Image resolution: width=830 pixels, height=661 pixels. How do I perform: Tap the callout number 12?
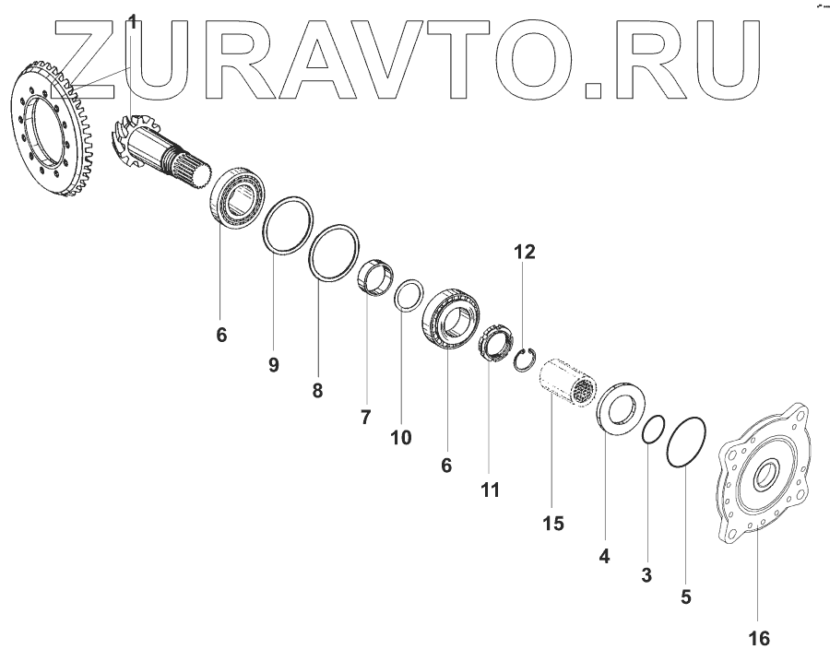(524, 252)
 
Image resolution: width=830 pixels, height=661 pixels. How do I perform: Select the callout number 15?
(552, 523)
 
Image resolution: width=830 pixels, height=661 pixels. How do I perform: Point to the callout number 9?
(273, 364)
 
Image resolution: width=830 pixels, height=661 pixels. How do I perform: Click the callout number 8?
(317, 390)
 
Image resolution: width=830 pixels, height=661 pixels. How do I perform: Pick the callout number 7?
(365, 417)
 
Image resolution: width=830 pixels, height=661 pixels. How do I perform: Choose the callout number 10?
(400, 436)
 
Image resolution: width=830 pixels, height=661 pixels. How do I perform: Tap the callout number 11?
(490, 490)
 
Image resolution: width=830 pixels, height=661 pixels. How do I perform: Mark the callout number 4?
(605, 555)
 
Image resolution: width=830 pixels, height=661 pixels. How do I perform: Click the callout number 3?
(646, 575)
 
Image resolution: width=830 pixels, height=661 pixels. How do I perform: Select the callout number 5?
(685, 596)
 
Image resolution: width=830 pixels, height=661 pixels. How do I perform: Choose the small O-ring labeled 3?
(653, 429)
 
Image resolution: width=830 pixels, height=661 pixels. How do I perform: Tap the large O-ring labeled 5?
(685, 443)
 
